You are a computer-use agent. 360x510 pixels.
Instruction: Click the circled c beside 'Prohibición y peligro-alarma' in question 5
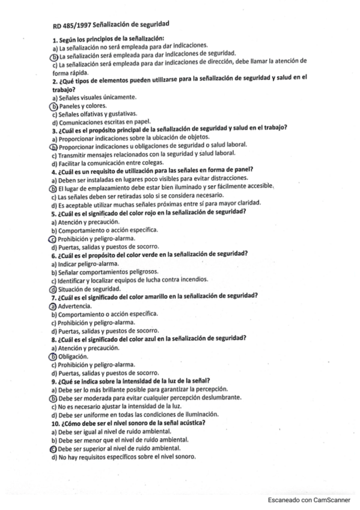tap(54, 239)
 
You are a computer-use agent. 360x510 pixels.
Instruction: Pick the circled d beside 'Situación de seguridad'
tap(54, 289)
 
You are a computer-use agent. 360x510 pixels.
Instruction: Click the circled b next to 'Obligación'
tap(54, 356)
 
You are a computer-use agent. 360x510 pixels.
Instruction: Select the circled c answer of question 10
tap(54, 448)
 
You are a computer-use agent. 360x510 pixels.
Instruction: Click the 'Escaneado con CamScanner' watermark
tap(307, 500)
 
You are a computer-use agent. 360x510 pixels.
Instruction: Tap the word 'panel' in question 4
tap(237, 171)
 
